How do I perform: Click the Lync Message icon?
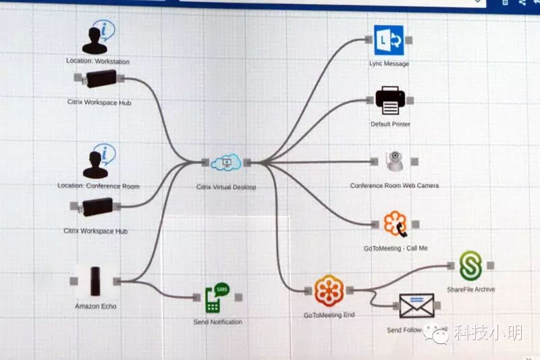tap(388, 40)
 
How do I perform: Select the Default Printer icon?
tap(389, 101)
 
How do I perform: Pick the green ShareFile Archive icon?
tap(470, 267)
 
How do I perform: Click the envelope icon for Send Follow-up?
tap(416, 306)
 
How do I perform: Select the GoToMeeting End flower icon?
tap(329, 290)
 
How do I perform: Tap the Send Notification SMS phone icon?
tap(216, 297)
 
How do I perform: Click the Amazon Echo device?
tap(95, 280)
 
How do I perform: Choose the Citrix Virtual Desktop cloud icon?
tap(225, 163)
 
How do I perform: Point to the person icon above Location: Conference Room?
tap(99, 163)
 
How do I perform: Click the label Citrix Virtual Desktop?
tap(226, 187)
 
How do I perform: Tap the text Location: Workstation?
tap(98, 61)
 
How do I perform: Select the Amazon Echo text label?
tap(95, 307)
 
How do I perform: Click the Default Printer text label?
tap(390, 124)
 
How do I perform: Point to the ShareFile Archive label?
tap(470, 290)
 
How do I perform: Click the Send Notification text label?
tap(217, 322)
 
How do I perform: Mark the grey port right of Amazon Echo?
tap(117, 281)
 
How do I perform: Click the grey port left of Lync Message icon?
tap(369, 39)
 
